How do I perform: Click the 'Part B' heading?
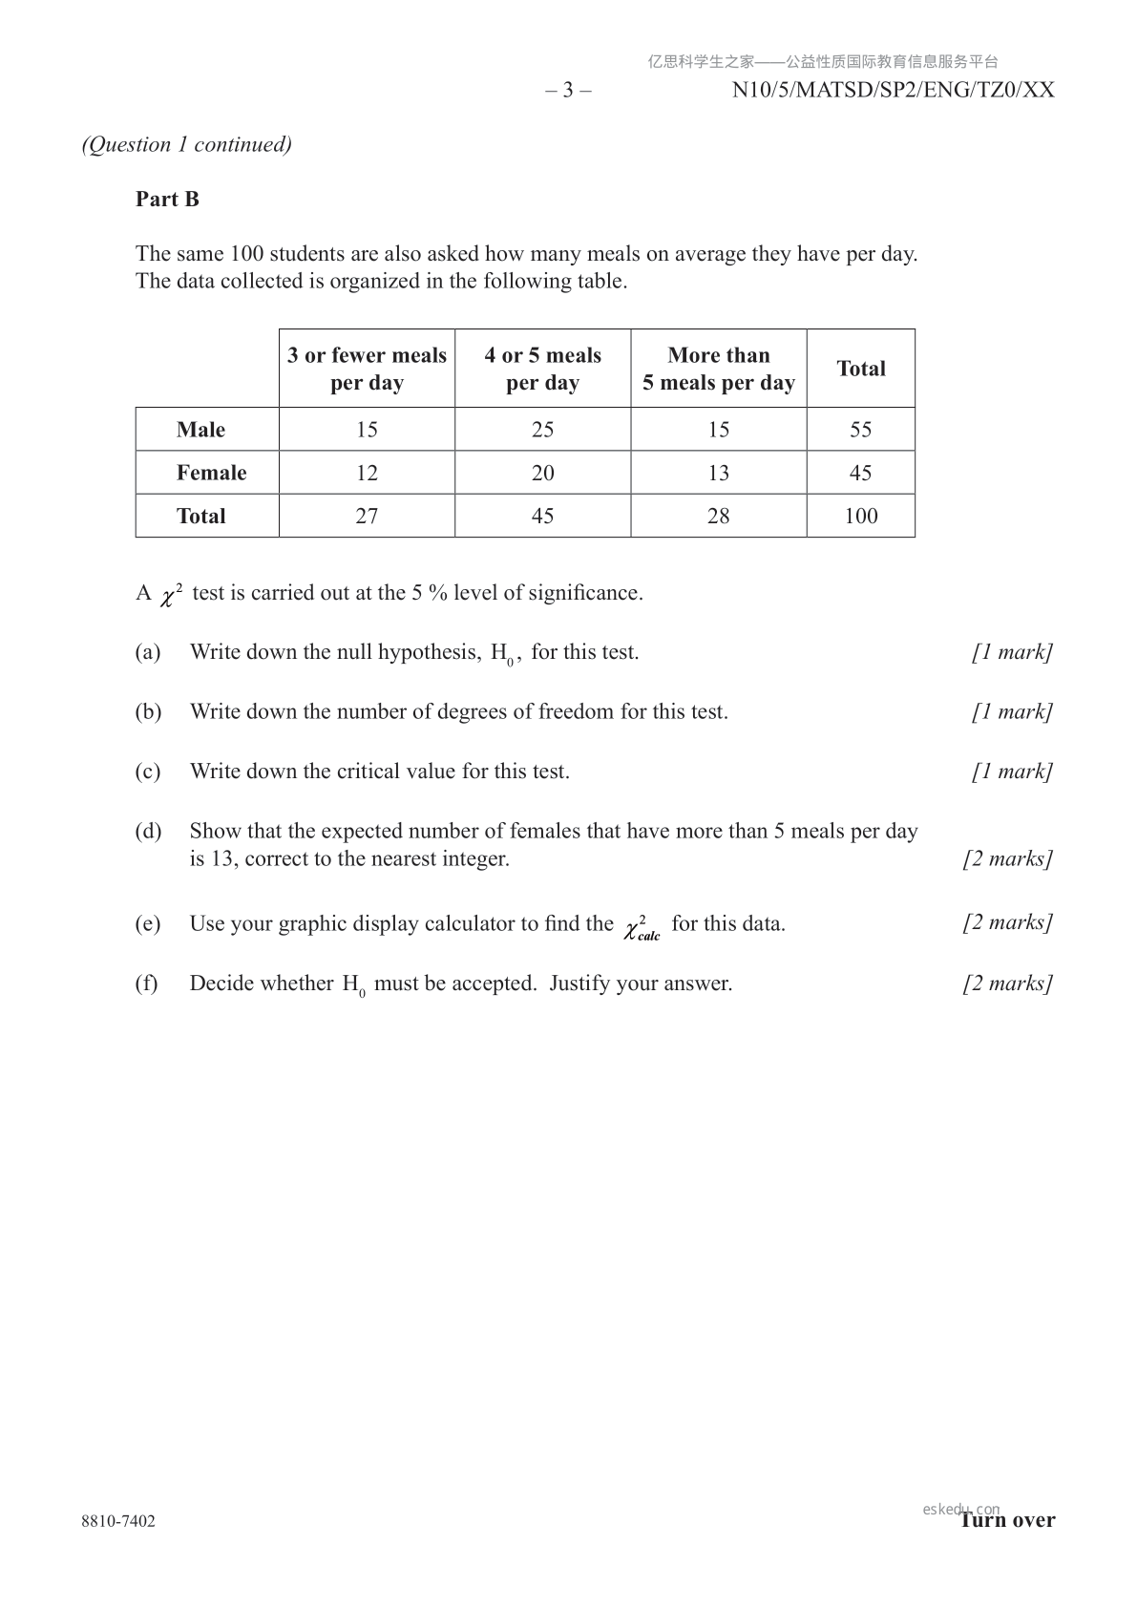167,199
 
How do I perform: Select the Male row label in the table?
200,430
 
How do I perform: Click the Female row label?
211,473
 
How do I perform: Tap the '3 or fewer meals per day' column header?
367,369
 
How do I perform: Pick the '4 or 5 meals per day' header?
542,369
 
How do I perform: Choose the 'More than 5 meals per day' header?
718,369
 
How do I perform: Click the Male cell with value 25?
542,430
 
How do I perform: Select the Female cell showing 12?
367,473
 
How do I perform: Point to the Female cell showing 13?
718,473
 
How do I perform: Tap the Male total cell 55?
860,430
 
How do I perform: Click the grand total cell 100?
860,516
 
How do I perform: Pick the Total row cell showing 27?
367,516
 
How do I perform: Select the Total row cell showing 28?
718,516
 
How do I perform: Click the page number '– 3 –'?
568,90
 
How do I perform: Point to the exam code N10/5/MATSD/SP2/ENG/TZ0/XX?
893,90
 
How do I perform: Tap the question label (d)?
148,831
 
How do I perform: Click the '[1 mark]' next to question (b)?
1012,711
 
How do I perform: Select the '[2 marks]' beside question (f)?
1007,984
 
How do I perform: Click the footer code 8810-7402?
118,1521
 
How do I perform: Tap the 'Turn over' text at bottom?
1008,1520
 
